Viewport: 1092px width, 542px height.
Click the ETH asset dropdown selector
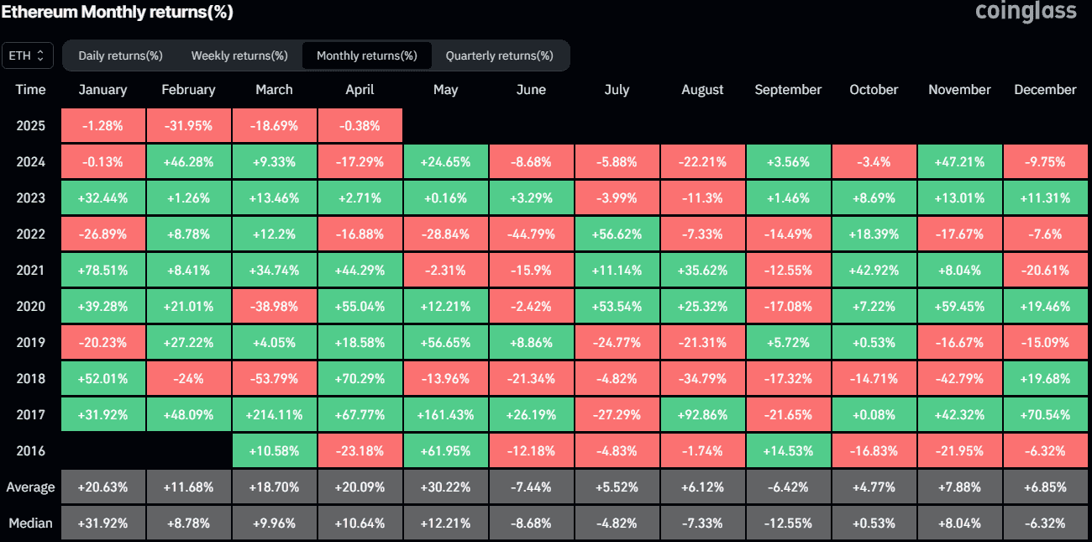[28, 55]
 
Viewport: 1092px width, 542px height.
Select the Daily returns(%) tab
[120, 55]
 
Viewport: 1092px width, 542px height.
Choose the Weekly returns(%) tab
[239, 55]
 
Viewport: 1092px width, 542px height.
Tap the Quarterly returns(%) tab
[499, 55]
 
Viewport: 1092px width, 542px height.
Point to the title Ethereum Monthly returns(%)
[118, 12]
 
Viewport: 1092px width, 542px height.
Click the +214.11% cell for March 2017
[274, 414]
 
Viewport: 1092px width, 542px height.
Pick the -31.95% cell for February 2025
[188, 126]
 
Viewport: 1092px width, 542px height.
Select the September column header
[788, 90]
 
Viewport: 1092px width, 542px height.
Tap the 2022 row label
[30, 234]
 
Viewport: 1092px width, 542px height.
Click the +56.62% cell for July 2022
[617, 234]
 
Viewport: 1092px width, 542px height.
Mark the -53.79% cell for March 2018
[274, 378]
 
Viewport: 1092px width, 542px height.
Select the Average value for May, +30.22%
[445, 487]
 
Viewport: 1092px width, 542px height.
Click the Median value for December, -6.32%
[1045, 524]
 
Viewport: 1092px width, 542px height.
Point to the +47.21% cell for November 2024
[959, 162]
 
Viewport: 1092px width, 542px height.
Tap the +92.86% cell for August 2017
[702, 414]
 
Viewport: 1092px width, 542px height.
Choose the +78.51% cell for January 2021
[102, 271]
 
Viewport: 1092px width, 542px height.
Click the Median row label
[30, 524]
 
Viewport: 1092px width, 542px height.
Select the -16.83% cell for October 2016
[874, 451]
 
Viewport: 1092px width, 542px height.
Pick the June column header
[531, 90]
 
